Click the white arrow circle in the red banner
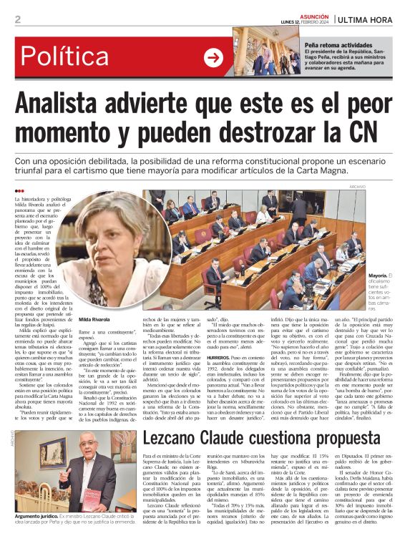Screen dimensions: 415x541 click(x=213, y=58)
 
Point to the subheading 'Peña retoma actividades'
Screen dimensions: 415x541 click(x=338, y=44)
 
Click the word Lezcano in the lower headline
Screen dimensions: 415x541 click(x=186, y=419)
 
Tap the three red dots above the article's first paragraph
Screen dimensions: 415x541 click(x=19, y=191)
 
